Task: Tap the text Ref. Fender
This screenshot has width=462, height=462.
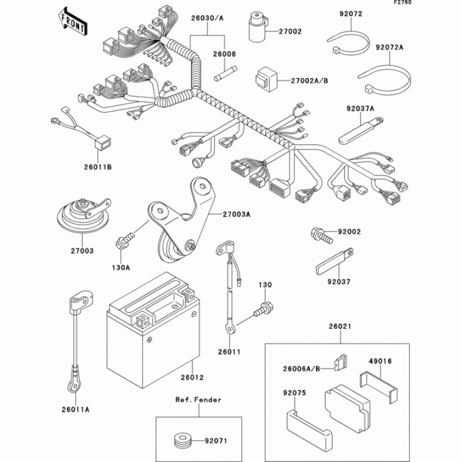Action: click(199, 400)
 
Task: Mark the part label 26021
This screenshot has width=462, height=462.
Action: click(340, 327)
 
